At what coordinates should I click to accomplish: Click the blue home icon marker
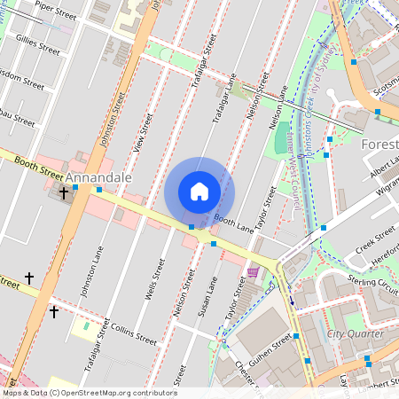click(199, 192)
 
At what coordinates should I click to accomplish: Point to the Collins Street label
click(134, 332)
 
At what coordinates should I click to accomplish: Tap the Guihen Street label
click(270, 346)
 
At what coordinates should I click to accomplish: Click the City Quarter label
click(355, 334)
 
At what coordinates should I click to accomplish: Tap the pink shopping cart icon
click(254, 272)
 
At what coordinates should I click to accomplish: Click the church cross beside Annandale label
click(63, 192)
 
